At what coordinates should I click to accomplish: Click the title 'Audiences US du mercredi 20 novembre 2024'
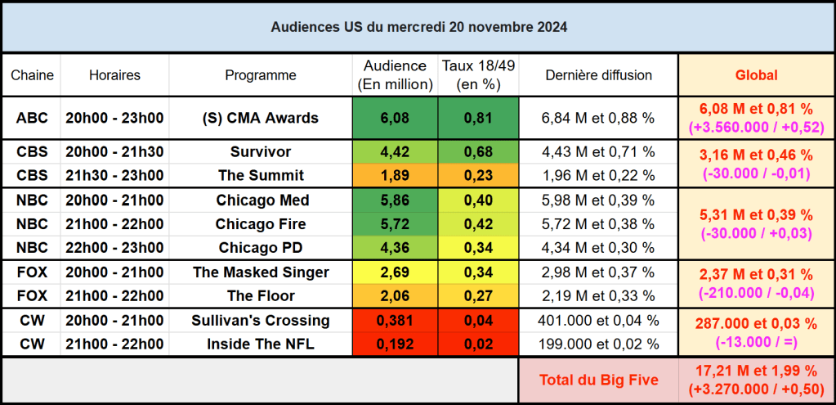(x=418, y=27)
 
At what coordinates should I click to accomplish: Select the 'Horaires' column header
(x=114, y=75)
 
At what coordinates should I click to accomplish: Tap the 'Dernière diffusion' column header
(x=598, y=75)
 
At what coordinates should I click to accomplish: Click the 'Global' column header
(x=756, y=75)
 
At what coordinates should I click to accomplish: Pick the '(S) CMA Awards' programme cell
(x=260, y=118)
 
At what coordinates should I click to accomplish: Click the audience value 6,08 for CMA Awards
(x=395, y=118)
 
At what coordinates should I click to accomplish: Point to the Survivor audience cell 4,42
(x=395, y=152)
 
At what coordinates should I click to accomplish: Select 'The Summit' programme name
(x=260, y=175)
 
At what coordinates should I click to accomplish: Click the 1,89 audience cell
(x=395, y=175)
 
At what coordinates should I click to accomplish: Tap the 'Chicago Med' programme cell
(x=260, y=200)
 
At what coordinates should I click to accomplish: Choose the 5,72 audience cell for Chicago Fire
(x=395, y=224)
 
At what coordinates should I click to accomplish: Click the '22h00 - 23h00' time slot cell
(x=114, y=247)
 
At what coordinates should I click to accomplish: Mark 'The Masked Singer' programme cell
(x=260, y=272)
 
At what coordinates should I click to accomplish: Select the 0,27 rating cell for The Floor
(x=477, y=295)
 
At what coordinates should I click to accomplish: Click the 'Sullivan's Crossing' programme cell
(x=260, y=321)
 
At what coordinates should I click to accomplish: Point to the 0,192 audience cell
(x=395, y=344)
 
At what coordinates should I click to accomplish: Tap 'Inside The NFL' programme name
(x=260, y=344)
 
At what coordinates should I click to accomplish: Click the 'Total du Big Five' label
(x=598, y=380)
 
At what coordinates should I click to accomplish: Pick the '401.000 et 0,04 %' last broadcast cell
(x=598, y=321)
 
